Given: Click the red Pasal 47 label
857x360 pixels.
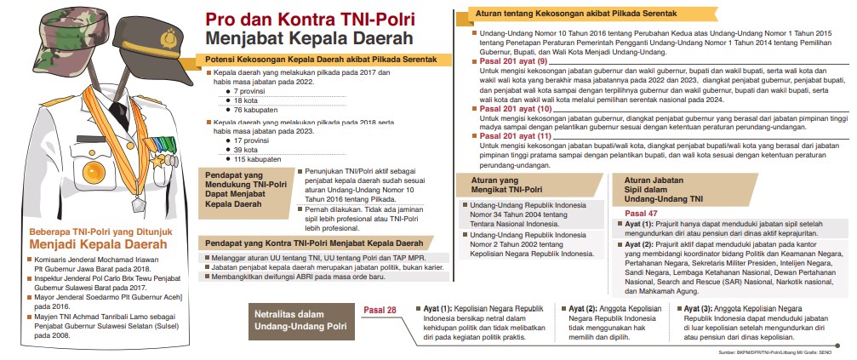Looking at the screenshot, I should [641, 214].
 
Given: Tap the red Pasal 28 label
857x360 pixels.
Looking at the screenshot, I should [380, 309].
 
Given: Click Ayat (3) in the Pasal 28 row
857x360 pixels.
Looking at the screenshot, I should [699, 308].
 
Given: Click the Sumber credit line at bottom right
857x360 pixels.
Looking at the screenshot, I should [782, 351].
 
